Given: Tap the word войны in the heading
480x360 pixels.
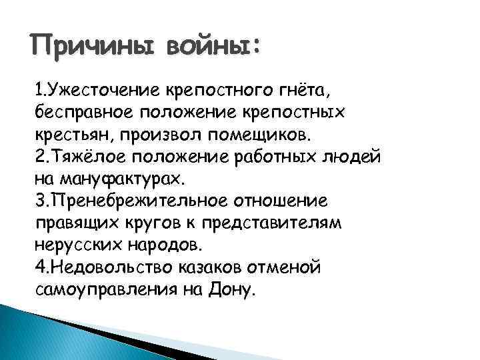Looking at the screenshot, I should click(x=208, y=48).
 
